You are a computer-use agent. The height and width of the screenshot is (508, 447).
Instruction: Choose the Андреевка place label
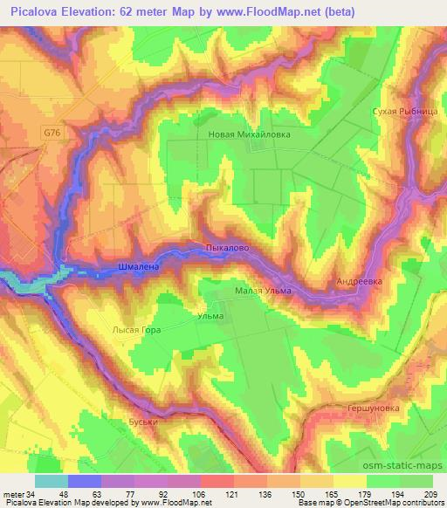pos(360,282)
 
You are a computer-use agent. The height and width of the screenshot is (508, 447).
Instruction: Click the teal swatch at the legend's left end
pos(51,480)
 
